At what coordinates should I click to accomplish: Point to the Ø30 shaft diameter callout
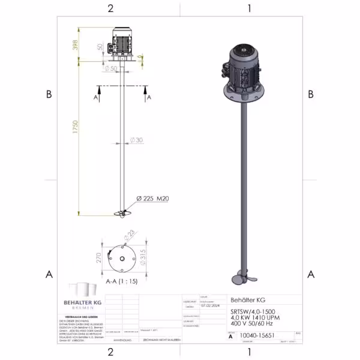(137, 140)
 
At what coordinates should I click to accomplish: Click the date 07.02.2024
(210, 304)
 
